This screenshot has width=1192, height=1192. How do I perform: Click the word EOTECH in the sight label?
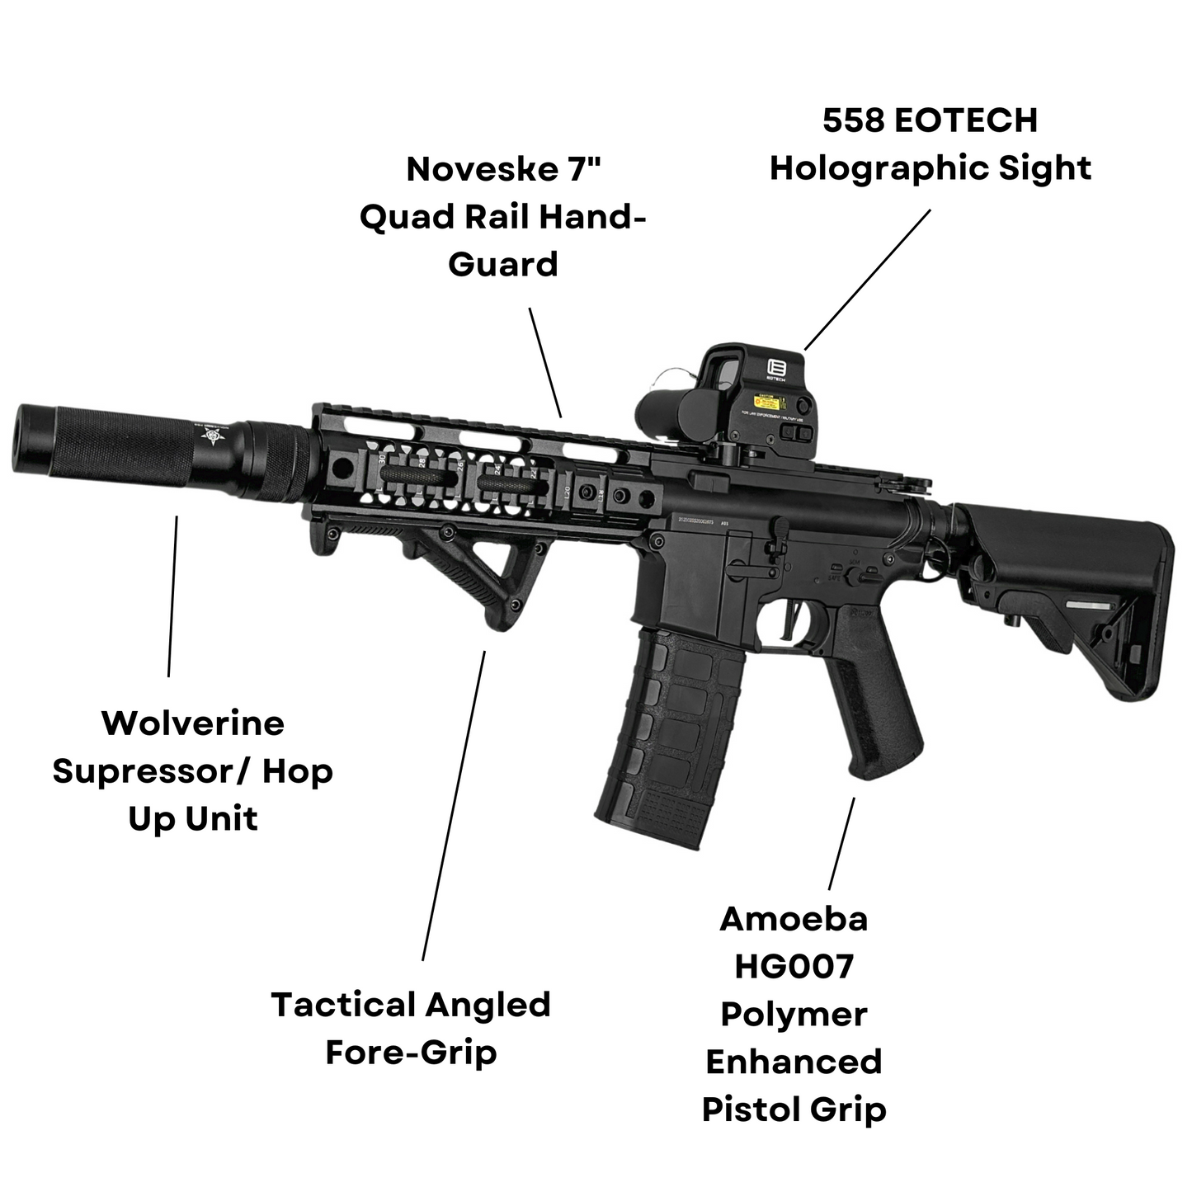coord(966,120)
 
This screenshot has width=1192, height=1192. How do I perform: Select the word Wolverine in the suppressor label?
coord(193,723)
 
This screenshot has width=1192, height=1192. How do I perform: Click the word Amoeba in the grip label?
coord(794,919)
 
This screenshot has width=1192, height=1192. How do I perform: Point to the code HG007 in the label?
coord(794,966)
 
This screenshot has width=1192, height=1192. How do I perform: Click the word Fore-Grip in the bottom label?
coord(411,1053)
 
